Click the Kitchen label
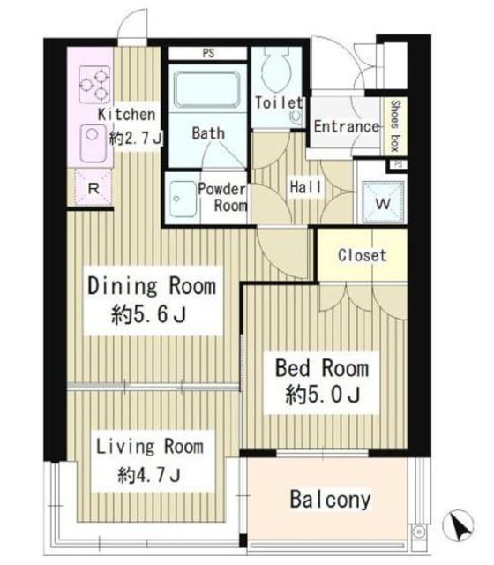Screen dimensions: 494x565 click(127, 115)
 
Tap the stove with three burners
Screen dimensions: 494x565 click(94, 84)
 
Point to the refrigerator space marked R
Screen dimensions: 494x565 click(94, 188)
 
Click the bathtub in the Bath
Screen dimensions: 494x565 click(206, 90)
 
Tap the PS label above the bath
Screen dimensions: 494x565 click(208, 53)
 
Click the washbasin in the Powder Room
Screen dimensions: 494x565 click(183, 199)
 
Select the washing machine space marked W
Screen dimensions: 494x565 click(383, 203)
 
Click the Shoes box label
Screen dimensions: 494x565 click(395, 125)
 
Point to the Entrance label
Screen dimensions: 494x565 click(347, 126)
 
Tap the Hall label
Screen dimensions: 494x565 click(305, 187)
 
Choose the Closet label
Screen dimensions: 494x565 click(363, 255)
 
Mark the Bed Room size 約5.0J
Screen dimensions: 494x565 click(323, 395)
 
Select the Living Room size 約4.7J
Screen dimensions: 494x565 click(149, 475)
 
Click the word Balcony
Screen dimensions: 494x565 click(330, 500)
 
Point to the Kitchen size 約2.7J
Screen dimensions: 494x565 click(136, 138)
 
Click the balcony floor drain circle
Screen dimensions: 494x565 click(418, 531)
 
